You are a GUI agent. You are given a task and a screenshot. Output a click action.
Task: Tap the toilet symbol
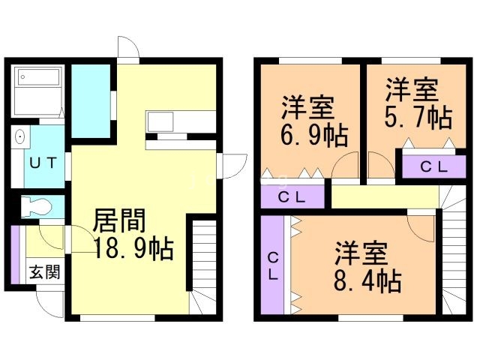click(x=36, y=207)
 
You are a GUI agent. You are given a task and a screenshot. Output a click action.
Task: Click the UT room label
click(x=43, y=163)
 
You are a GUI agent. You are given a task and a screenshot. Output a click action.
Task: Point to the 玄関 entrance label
click(x=45, y=271)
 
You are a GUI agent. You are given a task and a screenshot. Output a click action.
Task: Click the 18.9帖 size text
click(x=133, y=248)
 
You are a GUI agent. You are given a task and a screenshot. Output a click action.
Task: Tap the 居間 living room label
click(x=119, y=220)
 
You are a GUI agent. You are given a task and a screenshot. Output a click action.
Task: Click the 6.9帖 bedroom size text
click(x=314, y=135)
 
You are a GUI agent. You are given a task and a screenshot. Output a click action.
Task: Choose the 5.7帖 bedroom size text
click(x=418, y=117)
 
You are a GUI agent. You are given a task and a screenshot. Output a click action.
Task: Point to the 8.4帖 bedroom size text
click(x=367, y=280)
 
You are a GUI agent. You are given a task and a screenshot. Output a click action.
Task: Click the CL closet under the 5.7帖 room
click(x=433, y=166)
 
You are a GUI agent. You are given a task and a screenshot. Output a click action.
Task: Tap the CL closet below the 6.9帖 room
click(x=292, y=196)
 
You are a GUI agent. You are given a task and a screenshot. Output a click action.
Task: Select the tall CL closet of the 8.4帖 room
click(x=272, y=265)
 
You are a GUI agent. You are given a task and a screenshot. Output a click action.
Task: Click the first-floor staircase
click(x=202, y=266)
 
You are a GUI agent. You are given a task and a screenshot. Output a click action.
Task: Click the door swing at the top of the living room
click(x=128, y=46)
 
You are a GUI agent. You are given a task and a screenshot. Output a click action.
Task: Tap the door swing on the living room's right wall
click(x=235, y=166)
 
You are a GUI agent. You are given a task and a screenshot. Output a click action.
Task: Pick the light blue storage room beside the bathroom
click(x=91, y=101)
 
